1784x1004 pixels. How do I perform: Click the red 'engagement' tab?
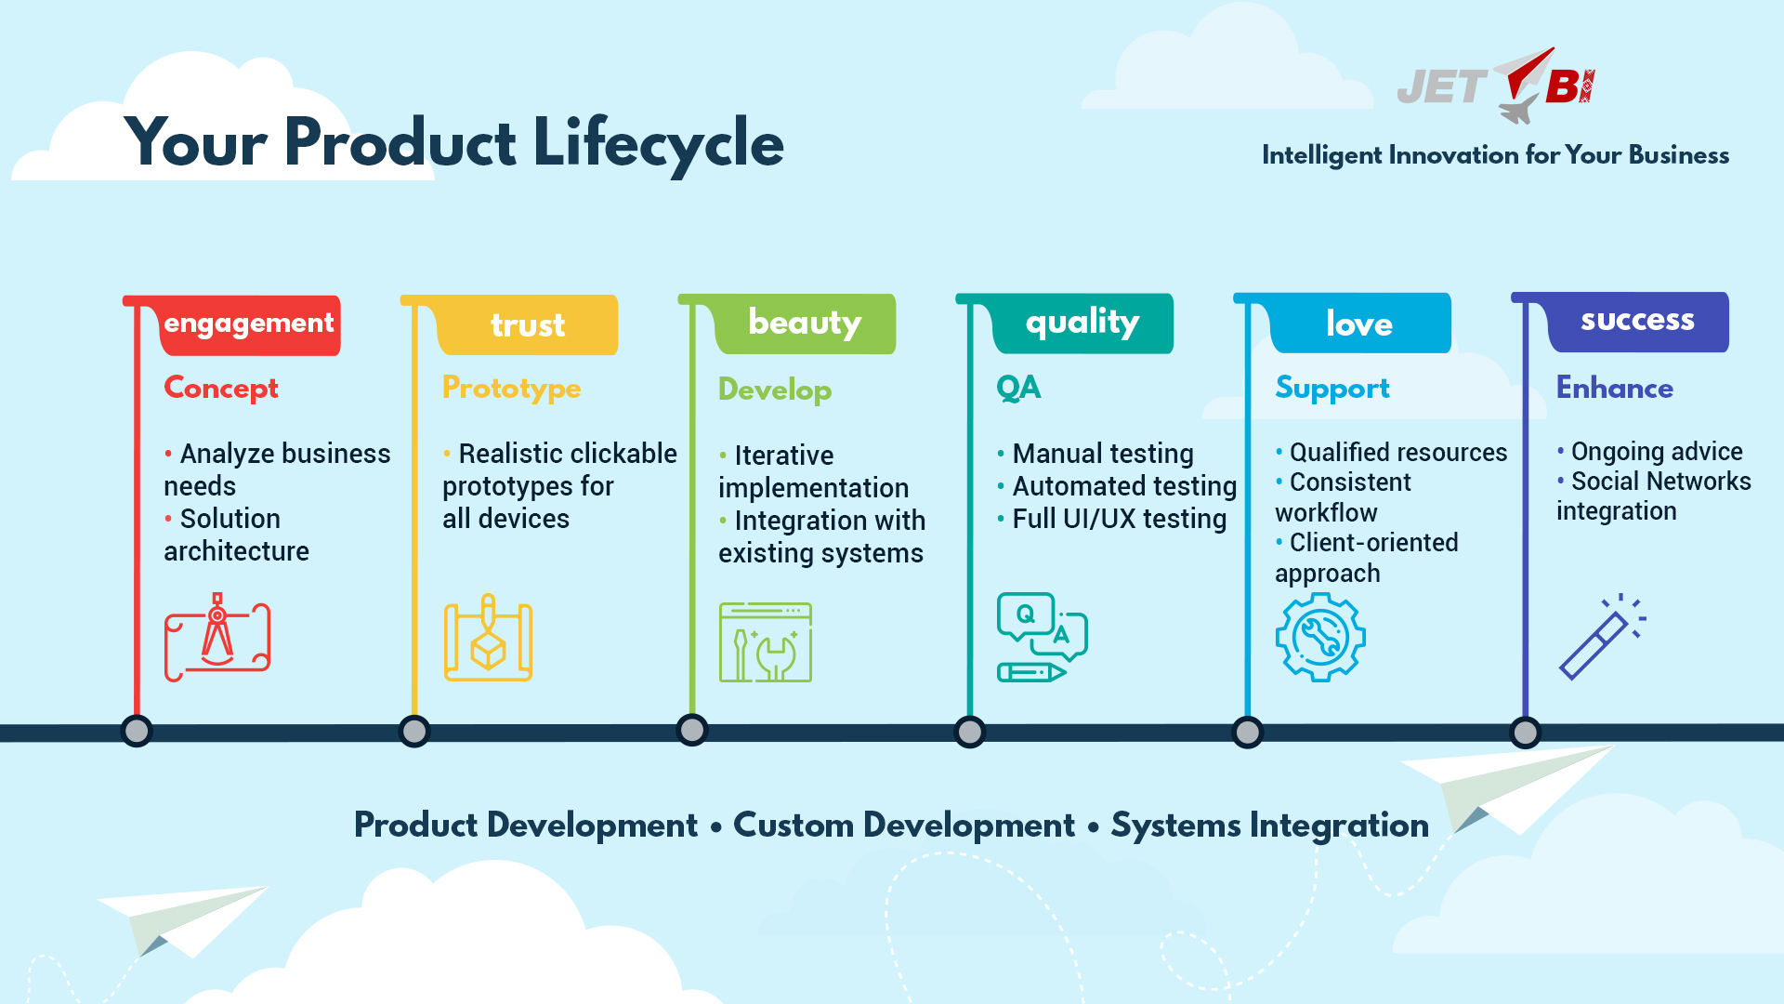pyautogui.click(x=249, y=324)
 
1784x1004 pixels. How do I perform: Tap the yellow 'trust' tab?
pyautogui.click(x=527, y=325)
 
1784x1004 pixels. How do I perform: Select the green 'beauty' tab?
pyautogui.click(x=805, y=324)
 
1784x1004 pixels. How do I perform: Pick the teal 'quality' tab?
pyautogui.click(x=1082, y=323)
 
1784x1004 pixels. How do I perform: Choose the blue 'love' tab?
pyautogui.click(x=1359, y=324)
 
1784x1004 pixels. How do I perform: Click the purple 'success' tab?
pyautogui.click(x=1637, y=321)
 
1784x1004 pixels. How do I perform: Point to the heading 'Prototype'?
pyautogui.click(x=511, y=388)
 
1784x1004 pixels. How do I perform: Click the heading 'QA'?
pyautogui.click(x=1018, y=388)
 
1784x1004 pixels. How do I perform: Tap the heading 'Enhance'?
pyautogui.click(x=1614, y=388)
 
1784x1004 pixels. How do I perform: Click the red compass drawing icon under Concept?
pyautogui.click(x=217, y=638)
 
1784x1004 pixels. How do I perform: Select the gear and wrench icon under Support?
pyautogui.click(x=1320, y=638)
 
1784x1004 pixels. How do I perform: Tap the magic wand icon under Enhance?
pyautogui.click(x=1602, y=637)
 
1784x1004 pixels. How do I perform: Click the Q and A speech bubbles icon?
pyautogui.click(x=1042, y=637)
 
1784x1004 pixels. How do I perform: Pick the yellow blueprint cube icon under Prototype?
pyautogui.click(x=488, y=639)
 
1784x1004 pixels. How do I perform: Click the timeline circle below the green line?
pyautogui.click(x=692, y=731)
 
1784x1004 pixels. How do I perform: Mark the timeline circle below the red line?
pyautogui.click(x=137, y=731)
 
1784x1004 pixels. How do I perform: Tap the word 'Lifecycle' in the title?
pyautogui.click(x=658, y=144)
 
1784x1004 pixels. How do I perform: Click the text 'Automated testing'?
pyautogui.click(x=1123, y=486)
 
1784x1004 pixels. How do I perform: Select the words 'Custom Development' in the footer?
pyautogui.click(x=903, y=826)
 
